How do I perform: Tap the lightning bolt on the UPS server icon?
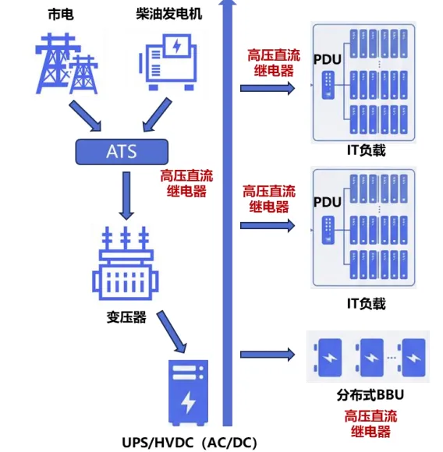(x=188, y=401)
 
